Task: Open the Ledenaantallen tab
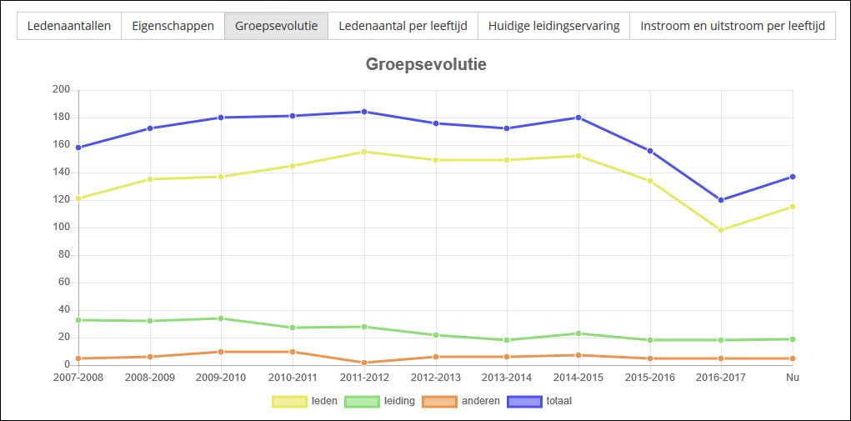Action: (69, 26)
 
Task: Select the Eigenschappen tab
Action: (173, 26)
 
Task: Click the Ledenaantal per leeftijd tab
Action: (403, 26)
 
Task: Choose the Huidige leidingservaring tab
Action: (553, 26)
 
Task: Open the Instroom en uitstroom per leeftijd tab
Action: (733, 26)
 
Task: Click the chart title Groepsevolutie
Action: (426, 64)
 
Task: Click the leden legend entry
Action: (305, 401)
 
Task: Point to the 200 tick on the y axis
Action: (61, 90)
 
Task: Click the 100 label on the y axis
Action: (61, 228)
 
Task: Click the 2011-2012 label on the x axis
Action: (364, 378)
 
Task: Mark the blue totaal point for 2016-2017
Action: (721, 200)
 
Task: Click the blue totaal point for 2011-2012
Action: (364, 112)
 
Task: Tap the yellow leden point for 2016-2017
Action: (721, 230)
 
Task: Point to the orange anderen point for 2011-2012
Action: (364, 363)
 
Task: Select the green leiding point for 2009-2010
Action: (221, 318)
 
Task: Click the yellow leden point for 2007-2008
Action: (78, 198)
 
